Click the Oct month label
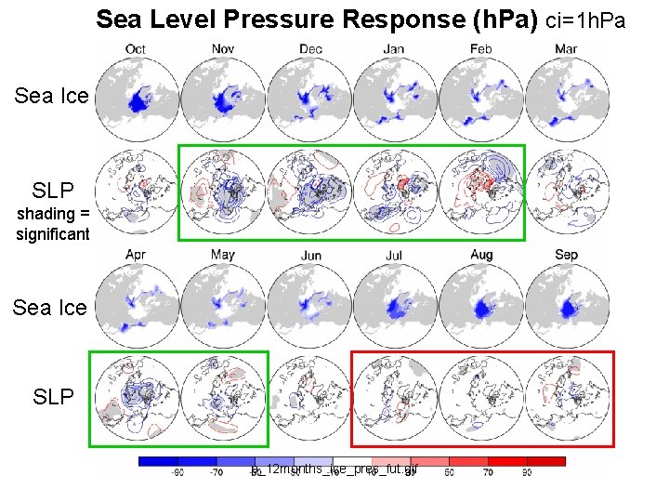[136, 48]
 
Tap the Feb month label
[480, 48]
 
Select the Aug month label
[481, 255]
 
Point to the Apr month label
[136, 255]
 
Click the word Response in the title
[400, 19]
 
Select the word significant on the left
[53, 234]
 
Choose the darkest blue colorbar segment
[157, 461]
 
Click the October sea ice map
[137, 97]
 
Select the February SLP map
[480, 192]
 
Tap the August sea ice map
[481, 305]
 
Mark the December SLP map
[309, 192]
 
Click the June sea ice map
[309, 305]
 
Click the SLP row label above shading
[53, 191]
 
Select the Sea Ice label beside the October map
[50, 96]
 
